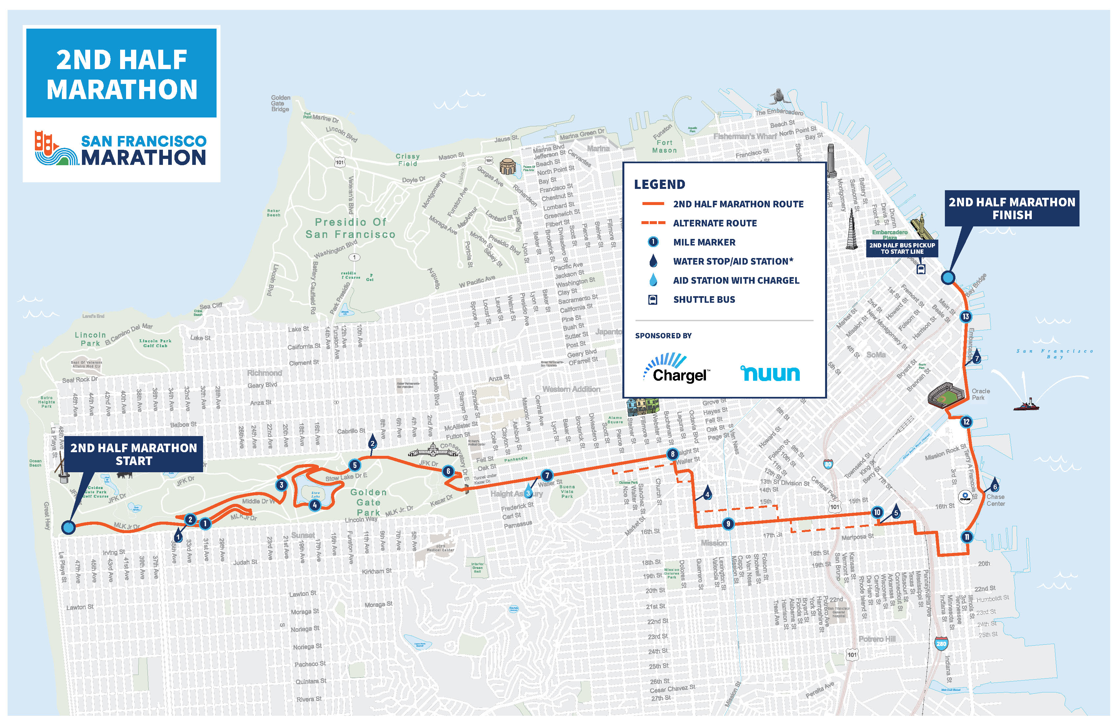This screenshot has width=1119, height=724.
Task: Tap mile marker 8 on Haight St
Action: point(672,454)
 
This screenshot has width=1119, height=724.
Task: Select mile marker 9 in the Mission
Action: point(728,524)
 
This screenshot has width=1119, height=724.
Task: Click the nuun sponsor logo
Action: point(770,373)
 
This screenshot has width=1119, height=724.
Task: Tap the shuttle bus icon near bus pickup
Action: point(921,270)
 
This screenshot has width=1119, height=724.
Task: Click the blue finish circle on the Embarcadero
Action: point(948,277)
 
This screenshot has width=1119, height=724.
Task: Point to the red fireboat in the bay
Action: point(1027,404)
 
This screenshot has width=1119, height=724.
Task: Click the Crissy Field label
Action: point(407,160)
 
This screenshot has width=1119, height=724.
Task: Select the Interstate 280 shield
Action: point(941,644)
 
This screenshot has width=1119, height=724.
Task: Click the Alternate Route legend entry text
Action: point(715,223)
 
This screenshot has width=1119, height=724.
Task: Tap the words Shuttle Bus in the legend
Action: point(704,299)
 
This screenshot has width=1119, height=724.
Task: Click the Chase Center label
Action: point(995,500)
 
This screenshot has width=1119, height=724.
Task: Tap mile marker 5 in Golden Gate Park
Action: point(354,465)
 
